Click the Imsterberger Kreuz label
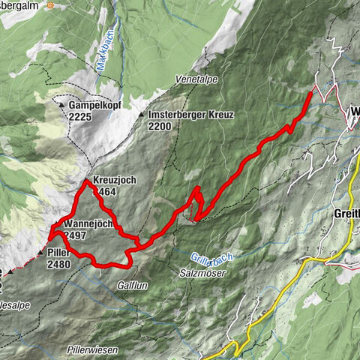(191, 115)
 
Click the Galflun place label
(130, 286)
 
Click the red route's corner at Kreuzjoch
(86, 181)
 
